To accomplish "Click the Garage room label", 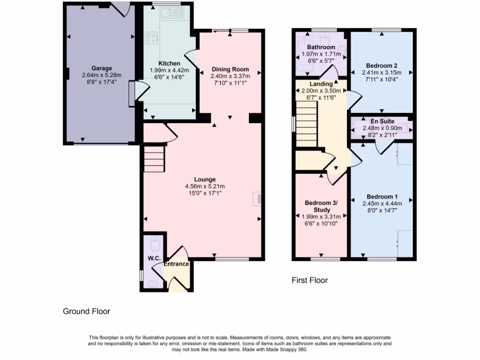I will tap(101, 68).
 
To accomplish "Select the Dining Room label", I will tap(230, 69).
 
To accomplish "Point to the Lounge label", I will tap(205, 179).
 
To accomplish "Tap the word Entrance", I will tap(176, 264).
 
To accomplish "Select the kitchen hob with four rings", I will tap(151, 38).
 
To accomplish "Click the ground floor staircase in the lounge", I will tap(154, 159).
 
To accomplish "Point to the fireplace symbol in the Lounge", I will tap(257, 199).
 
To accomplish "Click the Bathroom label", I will tap(321, 47).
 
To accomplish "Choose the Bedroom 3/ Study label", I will tap(321, 206).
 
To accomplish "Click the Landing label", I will tap(321, 84).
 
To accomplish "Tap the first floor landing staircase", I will tap(307, 126).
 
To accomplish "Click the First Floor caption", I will tap(310, 280).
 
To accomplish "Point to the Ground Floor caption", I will tap(87, 311).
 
